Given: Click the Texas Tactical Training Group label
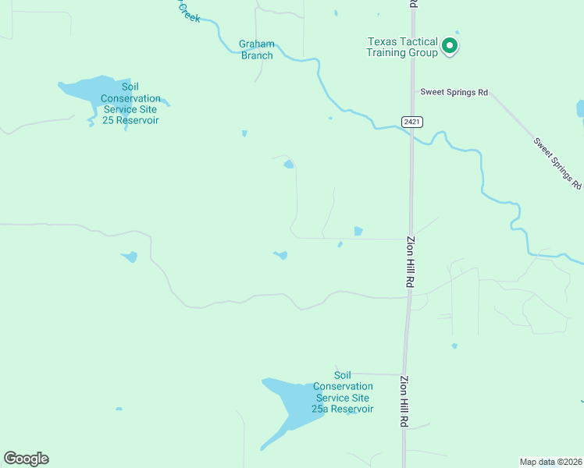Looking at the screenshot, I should pos(401,47).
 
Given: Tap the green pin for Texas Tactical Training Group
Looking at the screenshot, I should pos(450,46).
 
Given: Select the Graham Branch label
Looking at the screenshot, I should pos(256,50).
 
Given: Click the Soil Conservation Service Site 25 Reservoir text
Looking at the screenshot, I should pos(131,104).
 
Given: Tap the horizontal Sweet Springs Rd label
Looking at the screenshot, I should pos(454,92).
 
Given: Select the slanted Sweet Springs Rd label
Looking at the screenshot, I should pos(557,164).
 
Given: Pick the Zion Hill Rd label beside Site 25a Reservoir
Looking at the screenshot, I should pos(404,401).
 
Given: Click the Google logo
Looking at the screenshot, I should pos(26,459).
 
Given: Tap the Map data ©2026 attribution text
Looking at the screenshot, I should pos(550,461).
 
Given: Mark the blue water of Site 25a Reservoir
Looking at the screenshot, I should pos(289,402).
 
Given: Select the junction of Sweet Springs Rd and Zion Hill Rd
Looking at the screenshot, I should pos(412,92).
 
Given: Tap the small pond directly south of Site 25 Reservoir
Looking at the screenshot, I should pos(129,257).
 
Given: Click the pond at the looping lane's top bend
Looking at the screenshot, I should pos(289,165).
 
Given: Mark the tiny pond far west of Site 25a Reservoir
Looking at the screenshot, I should pos(119,409).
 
